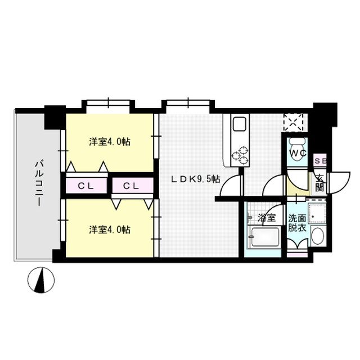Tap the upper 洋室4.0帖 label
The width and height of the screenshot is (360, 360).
(110, 142)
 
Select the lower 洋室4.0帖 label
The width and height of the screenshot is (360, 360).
(110, 229)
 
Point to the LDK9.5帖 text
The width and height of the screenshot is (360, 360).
(195, 179)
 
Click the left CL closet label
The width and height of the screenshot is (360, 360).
(85, 186)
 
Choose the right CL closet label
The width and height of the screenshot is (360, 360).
(132, 186)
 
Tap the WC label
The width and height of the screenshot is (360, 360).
(297, 152)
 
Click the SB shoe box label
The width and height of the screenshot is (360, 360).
(319, 161)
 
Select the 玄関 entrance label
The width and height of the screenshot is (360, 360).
(319, 183)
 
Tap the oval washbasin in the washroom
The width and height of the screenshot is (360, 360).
(317, 237)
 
